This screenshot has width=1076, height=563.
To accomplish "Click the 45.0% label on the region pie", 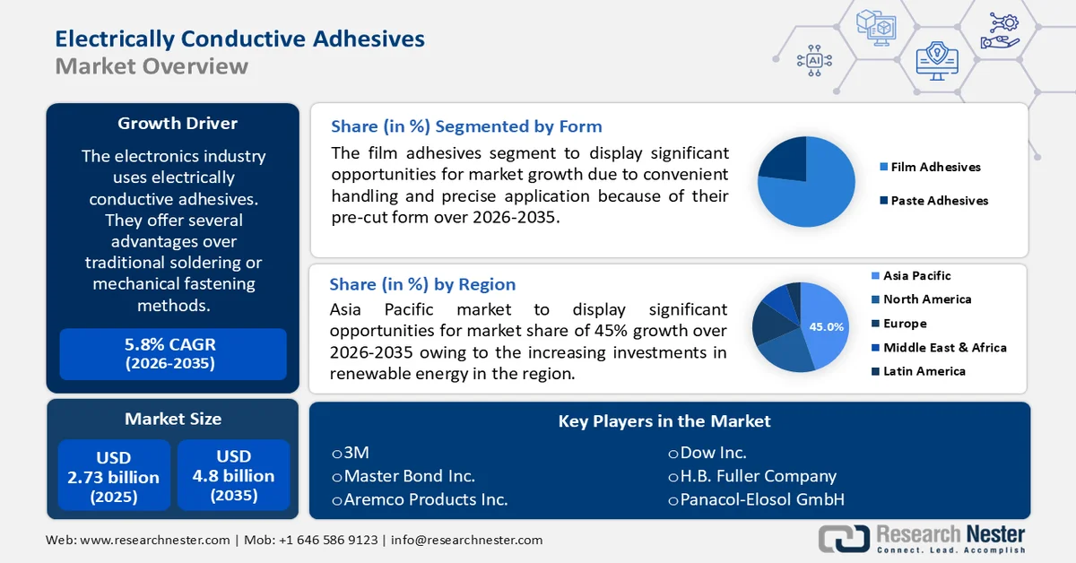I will click(x=826, y=327).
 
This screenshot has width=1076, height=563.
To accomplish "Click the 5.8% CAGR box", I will click(x=172, y=353).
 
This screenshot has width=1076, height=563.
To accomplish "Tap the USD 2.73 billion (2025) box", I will click(x=114, y=475).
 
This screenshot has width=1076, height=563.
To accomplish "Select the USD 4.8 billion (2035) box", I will click(x=233, y=475).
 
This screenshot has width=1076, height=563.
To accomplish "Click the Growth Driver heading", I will click(x=178, y=124).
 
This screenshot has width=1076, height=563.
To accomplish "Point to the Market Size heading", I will click(x=173, y=419).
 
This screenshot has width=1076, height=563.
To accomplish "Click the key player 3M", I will click(x=351, y=453).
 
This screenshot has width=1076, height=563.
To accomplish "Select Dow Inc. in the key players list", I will click(x=707, y=453).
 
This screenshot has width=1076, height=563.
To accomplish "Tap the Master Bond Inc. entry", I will click(x=403, y=476).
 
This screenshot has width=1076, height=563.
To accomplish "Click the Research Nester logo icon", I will click(x=843, y=538).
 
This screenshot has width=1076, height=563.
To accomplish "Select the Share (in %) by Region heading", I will click(x=422, y=284).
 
